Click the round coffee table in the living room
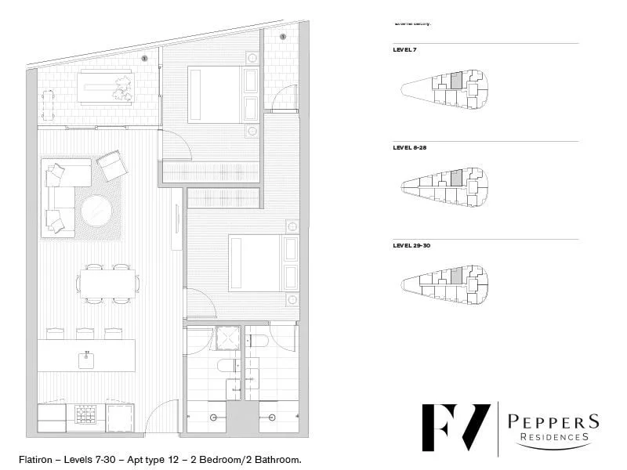coord(97,211)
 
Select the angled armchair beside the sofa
coord(112,165)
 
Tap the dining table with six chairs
coord(109,283)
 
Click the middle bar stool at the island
coord(85,333)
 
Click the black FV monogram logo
coord(455,426)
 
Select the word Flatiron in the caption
coord(36,458)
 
